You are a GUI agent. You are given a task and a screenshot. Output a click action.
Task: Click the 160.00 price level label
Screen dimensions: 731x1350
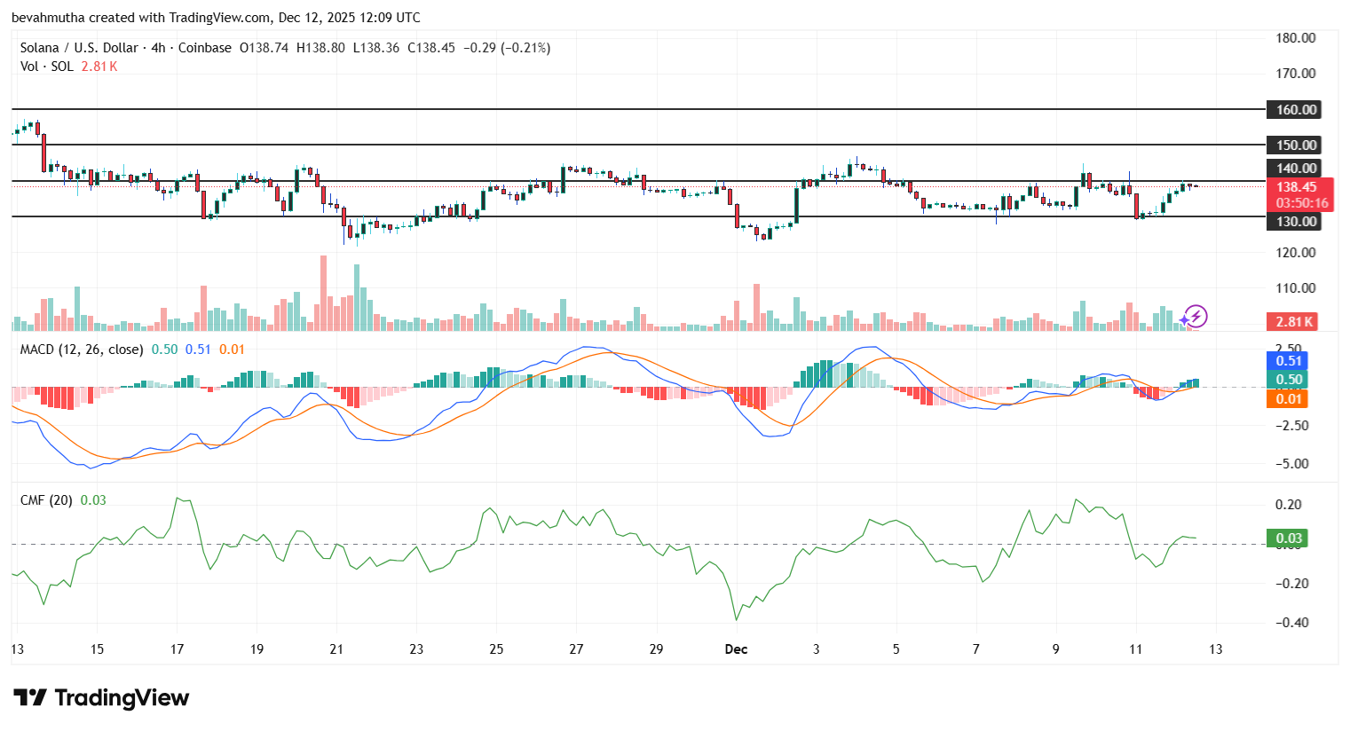coord(1295,110)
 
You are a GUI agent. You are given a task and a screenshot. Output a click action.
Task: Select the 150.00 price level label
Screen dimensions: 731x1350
coord(1295,145)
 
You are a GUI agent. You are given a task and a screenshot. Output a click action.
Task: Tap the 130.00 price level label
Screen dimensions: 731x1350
coord(1295,222)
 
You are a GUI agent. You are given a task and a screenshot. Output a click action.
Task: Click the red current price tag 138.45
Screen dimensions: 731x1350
coord(1297,187)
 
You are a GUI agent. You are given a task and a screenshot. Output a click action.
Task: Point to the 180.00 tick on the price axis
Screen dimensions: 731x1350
coord(1295,38)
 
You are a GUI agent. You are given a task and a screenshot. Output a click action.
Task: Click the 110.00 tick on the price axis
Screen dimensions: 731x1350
coord(1295,288)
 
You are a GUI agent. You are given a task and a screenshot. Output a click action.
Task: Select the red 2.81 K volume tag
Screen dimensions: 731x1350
coord(1294,322)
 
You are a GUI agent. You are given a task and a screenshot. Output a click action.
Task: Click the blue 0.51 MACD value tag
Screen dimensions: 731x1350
coord(1289,361)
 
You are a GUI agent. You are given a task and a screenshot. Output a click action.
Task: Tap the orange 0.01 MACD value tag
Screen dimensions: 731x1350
coord(1289,399)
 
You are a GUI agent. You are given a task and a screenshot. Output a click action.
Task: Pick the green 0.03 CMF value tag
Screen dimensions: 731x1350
coord(1289,538)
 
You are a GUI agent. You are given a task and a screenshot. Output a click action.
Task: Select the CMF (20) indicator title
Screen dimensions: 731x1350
coord(46,500)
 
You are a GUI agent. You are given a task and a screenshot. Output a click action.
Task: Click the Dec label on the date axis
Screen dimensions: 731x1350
coord(736,649)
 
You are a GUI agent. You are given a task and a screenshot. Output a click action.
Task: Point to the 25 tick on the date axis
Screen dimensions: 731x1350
coord(496,649)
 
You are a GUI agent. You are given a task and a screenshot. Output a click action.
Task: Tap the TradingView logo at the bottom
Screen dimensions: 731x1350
coord(101,698)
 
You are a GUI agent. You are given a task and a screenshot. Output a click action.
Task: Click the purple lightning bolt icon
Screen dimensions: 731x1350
coord(1196,317)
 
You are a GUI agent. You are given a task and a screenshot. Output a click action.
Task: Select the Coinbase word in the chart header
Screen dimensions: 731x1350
coord(204,48)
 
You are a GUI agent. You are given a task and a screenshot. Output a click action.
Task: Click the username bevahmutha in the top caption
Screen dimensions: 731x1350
coord(48,18)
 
